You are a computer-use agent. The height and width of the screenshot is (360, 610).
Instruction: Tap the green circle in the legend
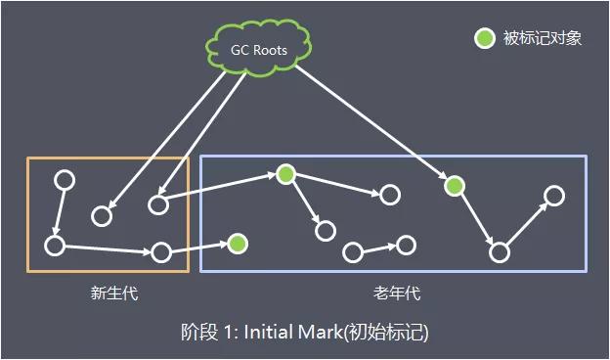coord(484,39)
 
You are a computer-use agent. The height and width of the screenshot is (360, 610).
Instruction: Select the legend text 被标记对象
coord(543,39)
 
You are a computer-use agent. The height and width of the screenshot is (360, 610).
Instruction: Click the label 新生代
coord(109,292)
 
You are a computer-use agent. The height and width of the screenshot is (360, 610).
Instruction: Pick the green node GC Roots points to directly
coord(454,185)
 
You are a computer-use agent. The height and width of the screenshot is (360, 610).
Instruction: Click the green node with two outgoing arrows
coord(285,174)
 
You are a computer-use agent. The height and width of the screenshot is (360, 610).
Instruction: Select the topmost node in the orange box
coord(65,180)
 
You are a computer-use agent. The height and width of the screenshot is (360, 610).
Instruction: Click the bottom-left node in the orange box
coord(55,244)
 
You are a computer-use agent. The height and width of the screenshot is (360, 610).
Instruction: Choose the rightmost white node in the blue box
coord(554,196)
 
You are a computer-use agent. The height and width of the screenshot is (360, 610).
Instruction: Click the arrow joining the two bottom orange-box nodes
coord(108,248)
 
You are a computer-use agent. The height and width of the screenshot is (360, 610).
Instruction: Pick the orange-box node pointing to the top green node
coord(158,204)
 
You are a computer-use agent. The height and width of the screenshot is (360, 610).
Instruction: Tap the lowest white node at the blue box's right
coord(500,252)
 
